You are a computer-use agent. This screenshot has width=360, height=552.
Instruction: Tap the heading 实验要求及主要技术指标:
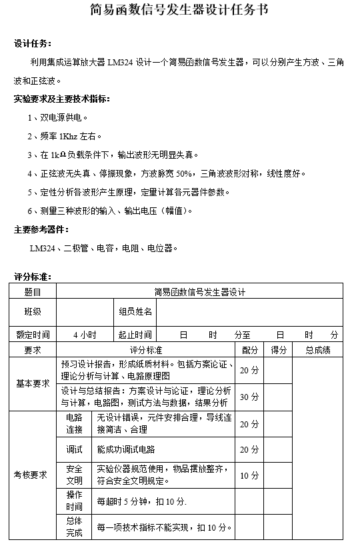click(x=62, y=99)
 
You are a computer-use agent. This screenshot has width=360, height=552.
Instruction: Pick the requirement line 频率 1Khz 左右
click(x=64, y=137)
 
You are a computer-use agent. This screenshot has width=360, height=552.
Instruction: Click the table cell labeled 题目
click(x=33, y=292)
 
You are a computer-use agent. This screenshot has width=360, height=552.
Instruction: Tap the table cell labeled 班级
click(x=33, y=311)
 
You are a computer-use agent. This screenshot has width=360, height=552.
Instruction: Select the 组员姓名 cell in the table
click(x=135, y=311)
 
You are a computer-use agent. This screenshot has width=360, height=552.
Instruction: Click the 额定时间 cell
click(x=33, y=335)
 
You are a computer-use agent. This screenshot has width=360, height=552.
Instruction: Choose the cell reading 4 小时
click(x=85, y=335)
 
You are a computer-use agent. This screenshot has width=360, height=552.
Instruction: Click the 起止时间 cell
click(x=135, y=335)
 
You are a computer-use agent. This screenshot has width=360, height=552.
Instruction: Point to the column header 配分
click(x=250, y=350)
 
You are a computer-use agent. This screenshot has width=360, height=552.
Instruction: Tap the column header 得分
click(x=279, y=350)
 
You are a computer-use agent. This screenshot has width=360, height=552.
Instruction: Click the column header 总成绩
click(x=318, y=350)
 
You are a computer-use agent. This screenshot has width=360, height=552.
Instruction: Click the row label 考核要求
click(x=33, y=475)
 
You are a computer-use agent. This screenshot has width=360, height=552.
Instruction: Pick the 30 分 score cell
click(x=250, y=397)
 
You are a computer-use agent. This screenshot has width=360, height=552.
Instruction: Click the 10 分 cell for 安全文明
click(x=250, y=475)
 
